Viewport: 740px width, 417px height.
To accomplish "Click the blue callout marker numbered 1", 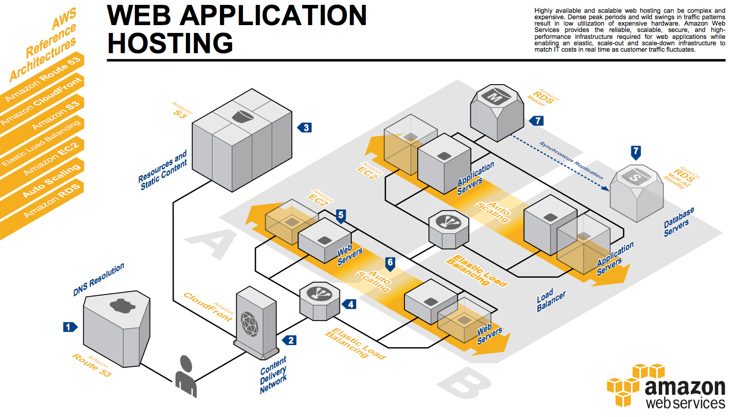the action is click(x=70, y=327).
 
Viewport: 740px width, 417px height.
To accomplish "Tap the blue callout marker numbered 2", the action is click(x=289, y=340).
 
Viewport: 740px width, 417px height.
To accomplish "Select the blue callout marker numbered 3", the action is click(x=305, y=128).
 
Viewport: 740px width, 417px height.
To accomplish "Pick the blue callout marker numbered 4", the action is click(x=349, y=304).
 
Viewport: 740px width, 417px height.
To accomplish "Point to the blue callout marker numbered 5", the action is click(x=341, y=216).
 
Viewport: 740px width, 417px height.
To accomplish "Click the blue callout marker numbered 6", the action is click(x=390, y=264).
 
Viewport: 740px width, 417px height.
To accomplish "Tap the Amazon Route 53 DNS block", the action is click(x=117, y=329).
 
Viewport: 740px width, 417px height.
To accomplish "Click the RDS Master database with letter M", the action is click(x=497, y=113).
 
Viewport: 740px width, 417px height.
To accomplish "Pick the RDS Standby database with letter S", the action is click(x=637, y=193).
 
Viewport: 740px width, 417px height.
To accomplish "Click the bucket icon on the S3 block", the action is click(x=243, y=116).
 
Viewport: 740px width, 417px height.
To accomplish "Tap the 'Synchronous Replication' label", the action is click(x=571, y=160).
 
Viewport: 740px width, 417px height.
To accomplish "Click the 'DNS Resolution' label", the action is click(x=98, y=280).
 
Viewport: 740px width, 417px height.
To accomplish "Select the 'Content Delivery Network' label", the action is click(x=273, y=375).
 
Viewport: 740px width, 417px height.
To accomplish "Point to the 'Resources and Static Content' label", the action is click(x=162, y=170).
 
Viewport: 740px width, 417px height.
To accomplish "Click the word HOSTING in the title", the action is click(x=170, y=43).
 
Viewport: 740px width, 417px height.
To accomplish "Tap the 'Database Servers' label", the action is click(x=679, y=222).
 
